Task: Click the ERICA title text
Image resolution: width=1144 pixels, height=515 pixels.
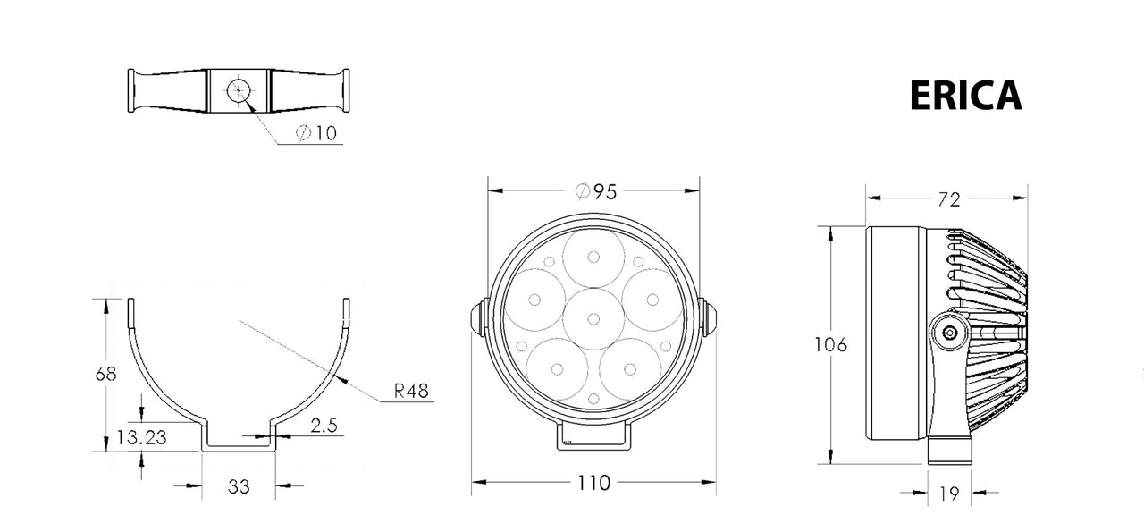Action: (966, 96)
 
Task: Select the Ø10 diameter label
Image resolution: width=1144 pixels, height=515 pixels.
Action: (316, 133)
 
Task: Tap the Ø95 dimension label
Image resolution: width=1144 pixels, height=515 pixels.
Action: (596, 191)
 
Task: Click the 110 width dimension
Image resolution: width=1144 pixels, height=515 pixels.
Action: (593, 482)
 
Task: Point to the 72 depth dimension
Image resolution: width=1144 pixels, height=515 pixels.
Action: (949, 199)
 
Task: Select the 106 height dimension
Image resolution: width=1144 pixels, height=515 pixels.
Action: (830, 345)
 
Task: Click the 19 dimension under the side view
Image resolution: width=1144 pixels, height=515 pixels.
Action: (949, 494)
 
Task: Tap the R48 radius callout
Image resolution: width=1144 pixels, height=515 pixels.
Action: (411, 392)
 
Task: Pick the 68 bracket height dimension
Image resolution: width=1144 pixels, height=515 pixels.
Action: (105, 374)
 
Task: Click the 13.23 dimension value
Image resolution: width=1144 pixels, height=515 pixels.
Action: (141, 437)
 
